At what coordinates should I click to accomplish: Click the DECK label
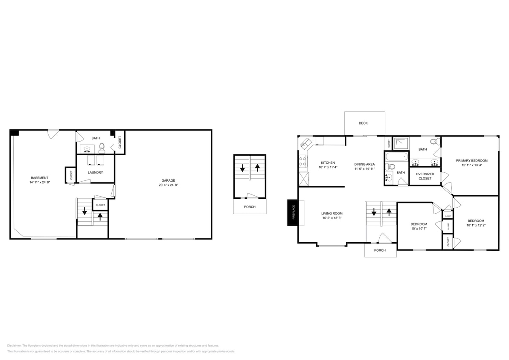point(363,123)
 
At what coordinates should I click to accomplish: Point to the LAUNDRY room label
point(95,172)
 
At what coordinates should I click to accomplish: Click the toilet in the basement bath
point(102,148)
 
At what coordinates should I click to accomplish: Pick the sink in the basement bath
point(87,149)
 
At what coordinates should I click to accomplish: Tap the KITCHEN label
point(328,163)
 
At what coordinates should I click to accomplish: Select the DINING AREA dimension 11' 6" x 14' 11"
point(364,169)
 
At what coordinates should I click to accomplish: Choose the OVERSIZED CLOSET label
point(425,176)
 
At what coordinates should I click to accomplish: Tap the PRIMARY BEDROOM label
point(471,161)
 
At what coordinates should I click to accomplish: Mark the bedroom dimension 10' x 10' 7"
point(419,229)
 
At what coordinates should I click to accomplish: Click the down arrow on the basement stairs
point(84,211)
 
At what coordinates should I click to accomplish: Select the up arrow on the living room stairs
point(389,211)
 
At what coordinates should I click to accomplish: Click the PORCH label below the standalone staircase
point(250,207)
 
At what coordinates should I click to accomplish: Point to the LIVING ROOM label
point(332,213)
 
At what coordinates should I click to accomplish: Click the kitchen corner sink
point(305,144)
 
